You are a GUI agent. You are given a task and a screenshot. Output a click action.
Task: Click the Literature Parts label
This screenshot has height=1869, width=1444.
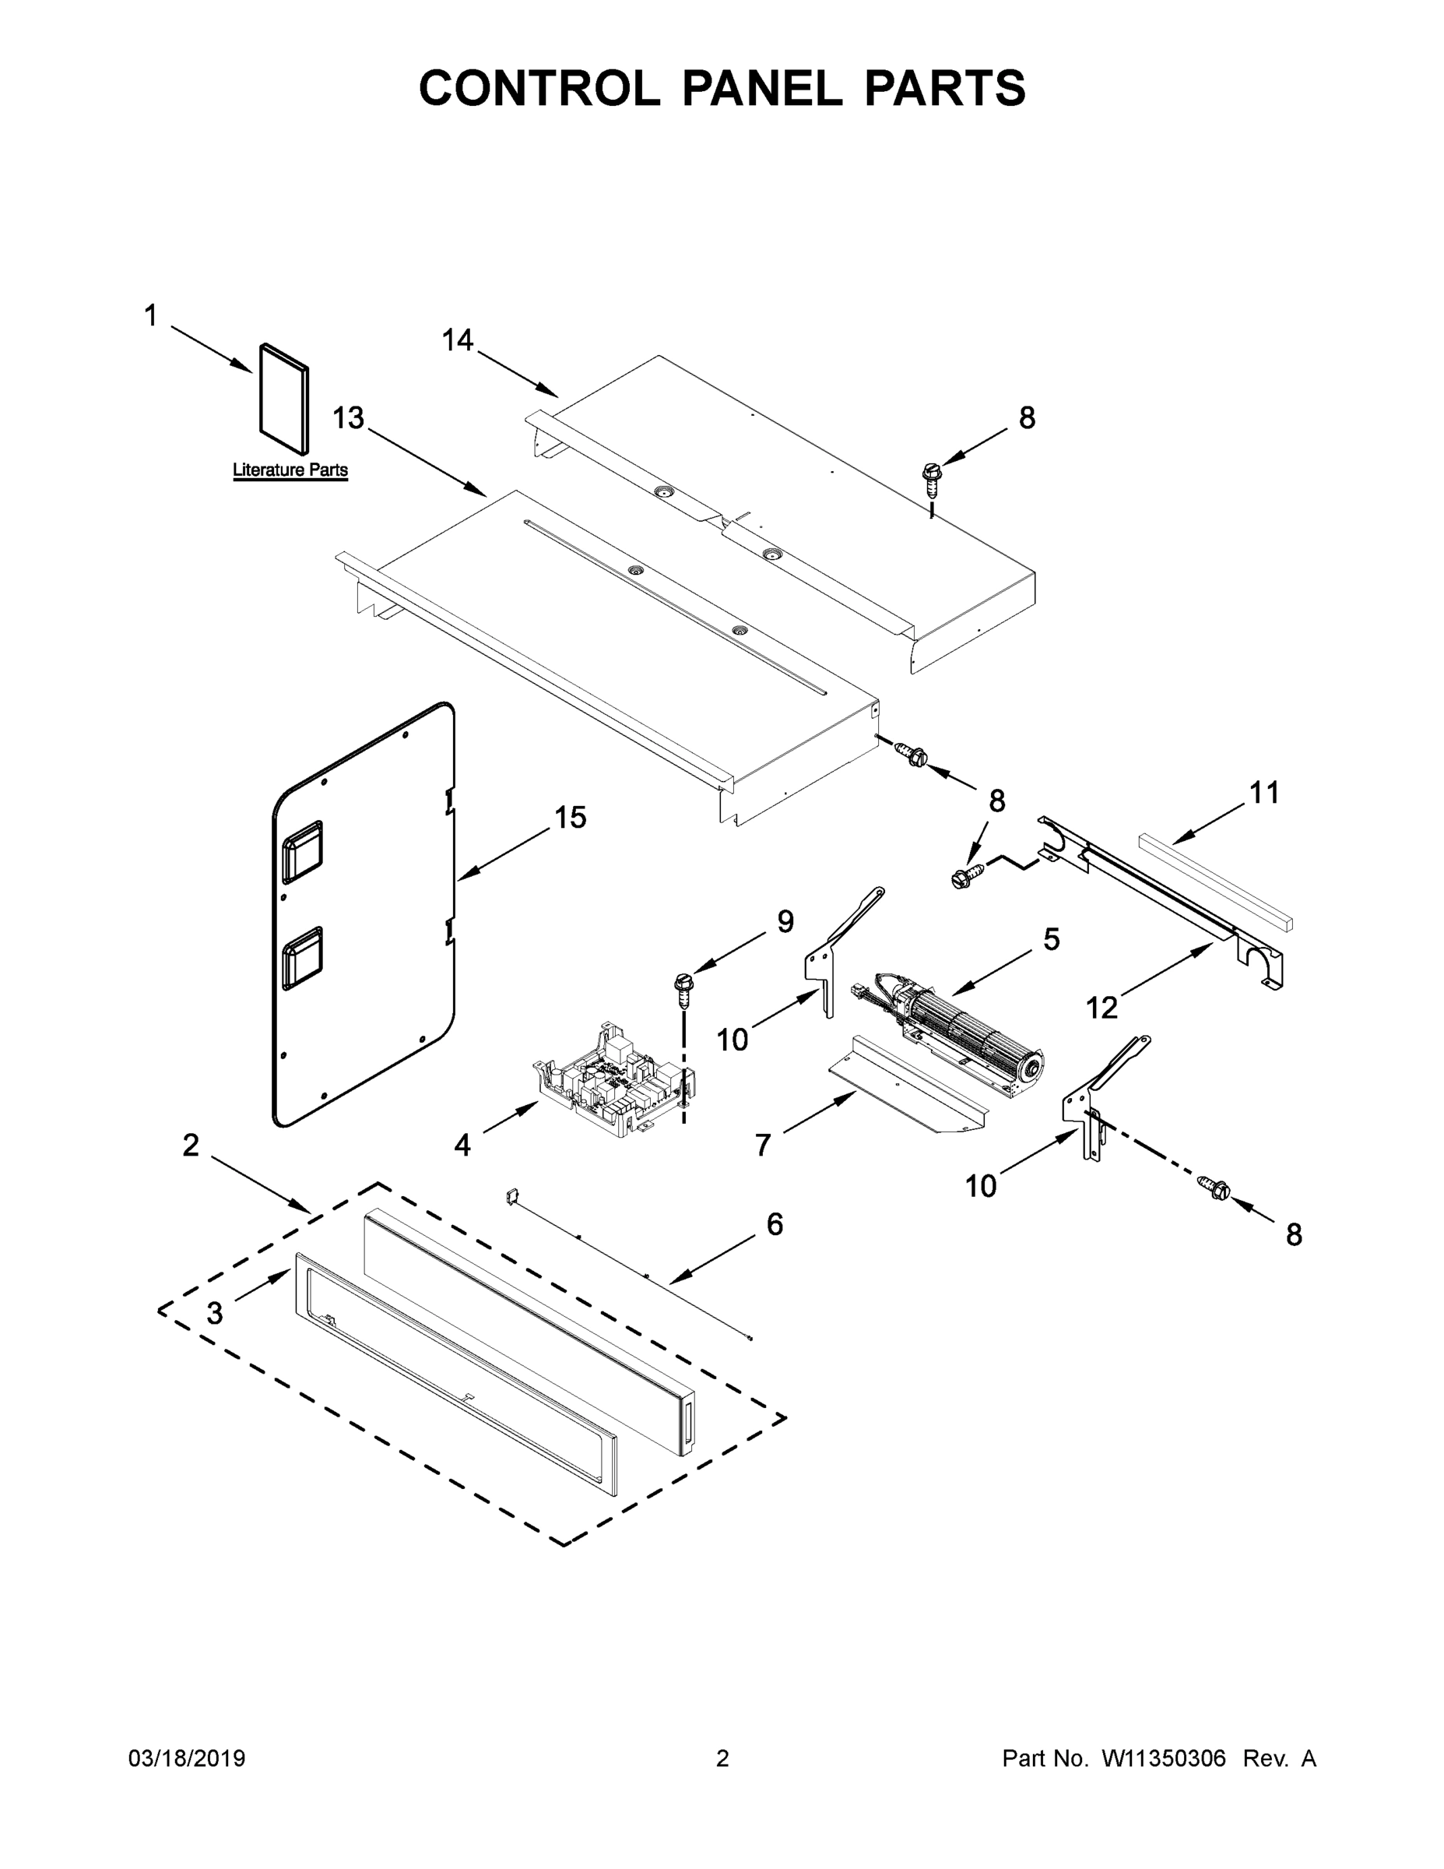tap(290, 470)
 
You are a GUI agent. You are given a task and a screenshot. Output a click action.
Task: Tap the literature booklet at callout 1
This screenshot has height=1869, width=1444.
tap(284, 399)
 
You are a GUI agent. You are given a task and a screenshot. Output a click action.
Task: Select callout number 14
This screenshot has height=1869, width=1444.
tap(457, 340)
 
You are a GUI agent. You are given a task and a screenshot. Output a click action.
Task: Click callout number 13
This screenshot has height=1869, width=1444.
tap(348, 418)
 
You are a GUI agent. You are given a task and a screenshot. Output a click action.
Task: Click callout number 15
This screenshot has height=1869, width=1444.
tap(571, 817)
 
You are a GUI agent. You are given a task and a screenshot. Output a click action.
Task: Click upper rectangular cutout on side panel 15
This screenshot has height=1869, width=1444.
tap(302, 851)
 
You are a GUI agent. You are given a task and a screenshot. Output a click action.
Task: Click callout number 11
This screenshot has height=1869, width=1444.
tap(1264, 793)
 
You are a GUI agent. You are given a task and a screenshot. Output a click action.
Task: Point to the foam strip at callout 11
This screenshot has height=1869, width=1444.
tap(1214, 882)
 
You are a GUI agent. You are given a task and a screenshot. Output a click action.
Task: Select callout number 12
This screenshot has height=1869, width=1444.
tap(1101, 1008)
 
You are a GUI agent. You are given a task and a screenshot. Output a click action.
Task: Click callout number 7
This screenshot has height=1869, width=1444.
tap(763, 1145)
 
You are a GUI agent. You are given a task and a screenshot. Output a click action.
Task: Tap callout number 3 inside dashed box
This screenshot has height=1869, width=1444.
tap(215, 1313)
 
